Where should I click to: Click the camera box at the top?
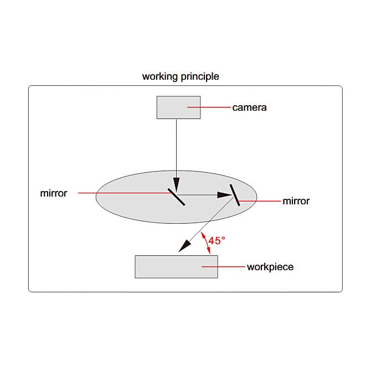click(178, 107)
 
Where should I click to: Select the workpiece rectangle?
click(176, 267)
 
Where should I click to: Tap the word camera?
click(249, 107)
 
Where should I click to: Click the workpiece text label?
click(270, 267)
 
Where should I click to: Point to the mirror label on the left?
click(54, 193)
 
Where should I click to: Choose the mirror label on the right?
click(296, 201)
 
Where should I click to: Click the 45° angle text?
click(217, 241)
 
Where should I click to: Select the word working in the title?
click(159, 76)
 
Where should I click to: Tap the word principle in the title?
click(200, 76)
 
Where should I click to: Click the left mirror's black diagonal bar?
click(176, 197)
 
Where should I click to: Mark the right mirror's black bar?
click(235, 195)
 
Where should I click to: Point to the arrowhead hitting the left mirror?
click(176, 185)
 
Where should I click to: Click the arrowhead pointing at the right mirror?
click(224, 195)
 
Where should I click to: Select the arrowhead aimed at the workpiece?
click(184, 246)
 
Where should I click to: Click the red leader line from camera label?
click(209, 107)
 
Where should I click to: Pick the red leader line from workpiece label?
click(223, 267)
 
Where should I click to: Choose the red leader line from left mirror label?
click(125, 193)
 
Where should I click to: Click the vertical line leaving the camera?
click(176, 148)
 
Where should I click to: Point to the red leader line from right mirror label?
click(259, 201)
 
